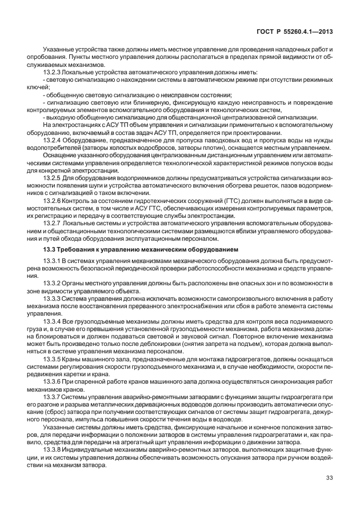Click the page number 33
(x=329, y=478)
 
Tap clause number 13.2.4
(x=54, y=140)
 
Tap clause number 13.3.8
(x=54, y=449)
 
